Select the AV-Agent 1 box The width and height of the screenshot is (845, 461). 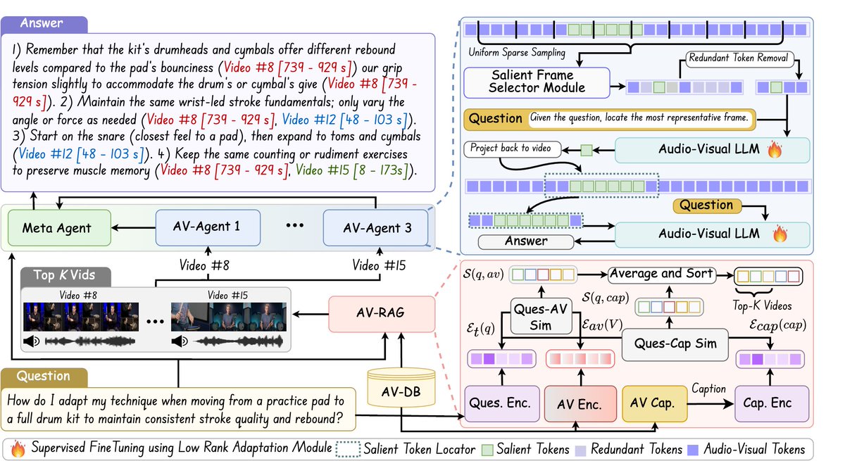pos(208,227)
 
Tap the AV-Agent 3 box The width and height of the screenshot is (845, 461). pos(376,227)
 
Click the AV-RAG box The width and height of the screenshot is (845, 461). pos(382,314)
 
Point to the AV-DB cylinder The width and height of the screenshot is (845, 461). pos(401,388)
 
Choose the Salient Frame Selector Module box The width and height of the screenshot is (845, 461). pos(537,82)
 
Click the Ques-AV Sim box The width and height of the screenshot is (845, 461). pos(541,317)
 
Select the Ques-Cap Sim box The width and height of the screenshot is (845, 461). pos(675,344)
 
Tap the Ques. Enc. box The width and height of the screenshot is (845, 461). pos(501,403)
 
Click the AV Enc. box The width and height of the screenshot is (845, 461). pos(580,404)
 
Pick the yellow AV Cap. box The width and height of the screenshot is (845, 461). pos(654,403)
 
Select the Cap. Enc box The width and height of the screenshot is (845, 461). pos(772,403)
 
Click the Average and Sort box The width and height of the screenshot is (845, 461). pos(662,274)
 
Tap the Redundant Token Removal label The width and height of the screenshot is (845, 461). pos(739,59)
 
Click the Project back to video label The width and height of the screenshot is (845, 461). pos(513,149)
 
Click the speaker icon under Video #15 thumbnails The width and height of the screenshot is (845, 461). pos(180,341)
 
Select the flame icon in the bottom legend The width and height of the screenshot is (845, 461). pos(18,448)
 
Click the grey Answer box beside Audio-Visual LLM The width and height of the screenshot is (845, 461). pos(526,241)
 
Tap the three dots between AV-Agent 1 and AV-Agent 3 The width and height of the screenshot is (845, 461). pos(294,225)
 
